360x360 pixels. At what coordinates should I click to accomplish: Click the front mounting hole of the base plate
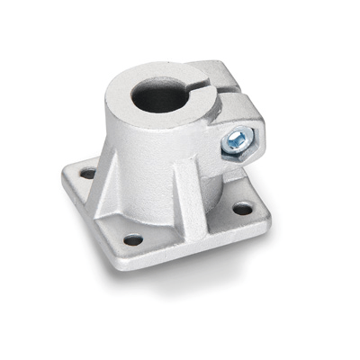133,240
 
